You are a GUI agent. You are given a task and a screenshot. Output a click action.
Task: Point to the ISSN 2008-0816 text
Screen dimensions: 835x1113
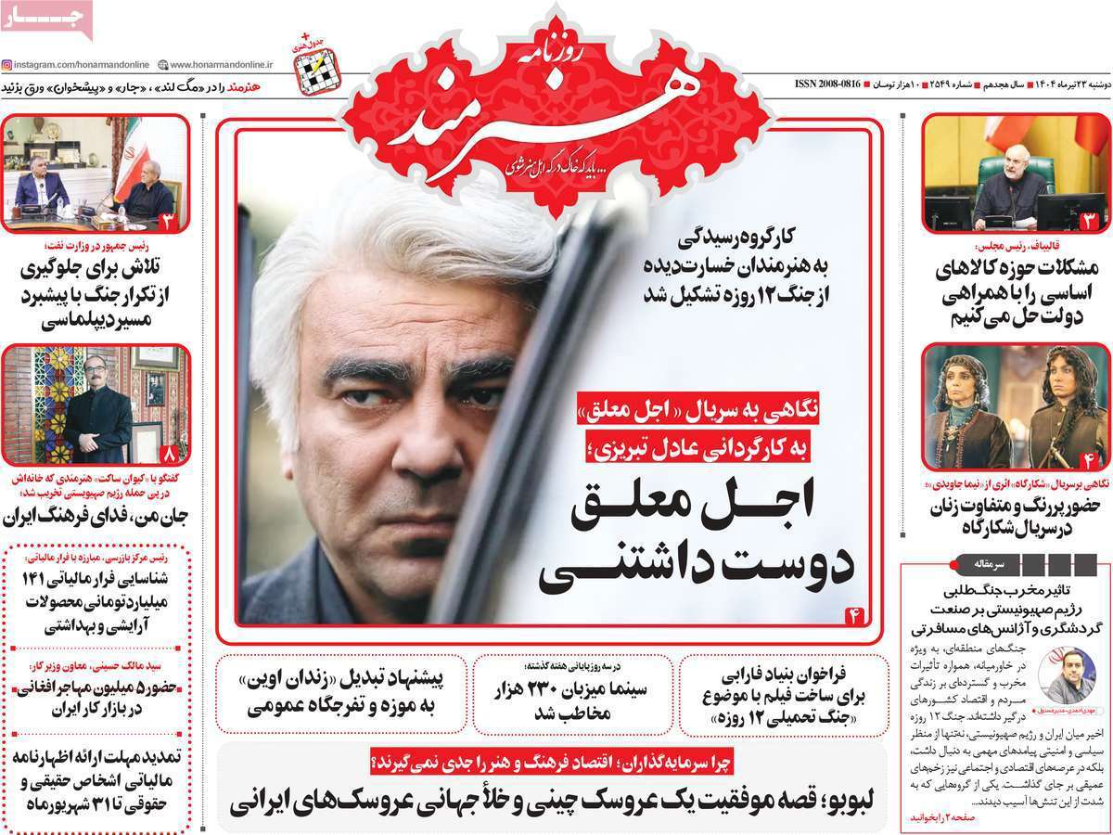828,84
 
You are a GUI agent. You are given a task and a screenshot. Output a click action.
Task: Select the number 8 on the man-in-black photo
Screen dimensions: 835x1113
169,455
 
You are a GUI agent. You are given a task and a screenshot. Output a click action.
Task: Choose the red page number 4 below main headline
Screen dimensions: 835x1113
854,614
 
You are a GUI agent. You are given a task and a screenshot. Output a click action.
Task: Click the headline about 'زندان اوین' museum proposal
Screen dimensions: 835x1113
343,691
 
